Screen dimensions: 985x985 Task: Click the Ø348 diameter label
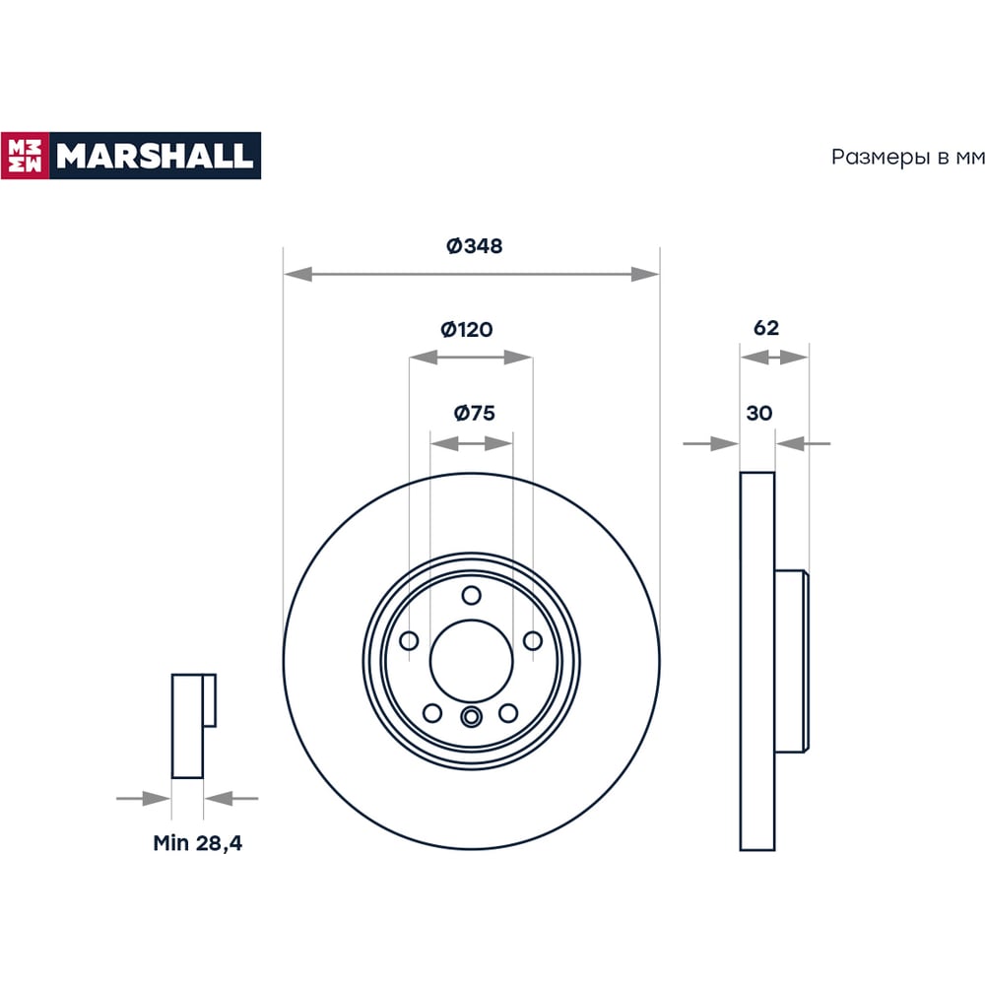pos(475,245)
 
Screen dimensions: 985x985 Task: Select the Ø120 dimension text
pos(467,329)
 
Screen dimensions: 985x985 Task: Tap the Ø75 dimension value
pos(475,413)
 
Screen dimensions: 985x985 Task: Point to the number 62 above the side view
pos(765,327)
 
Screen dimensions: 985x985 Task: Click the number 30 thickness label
pos(758,413)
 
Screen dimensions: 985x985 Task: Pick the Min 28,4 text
pos(197,843)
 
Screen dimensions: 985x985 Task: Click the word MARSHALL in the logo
pos(155,156)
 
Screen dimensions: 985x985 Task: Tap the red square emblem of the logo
pos(26,156)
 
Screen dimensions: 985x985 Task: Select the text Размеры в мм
pos(908,157)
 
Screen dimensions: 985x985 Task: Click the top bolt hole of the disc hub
pos(471,595)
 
